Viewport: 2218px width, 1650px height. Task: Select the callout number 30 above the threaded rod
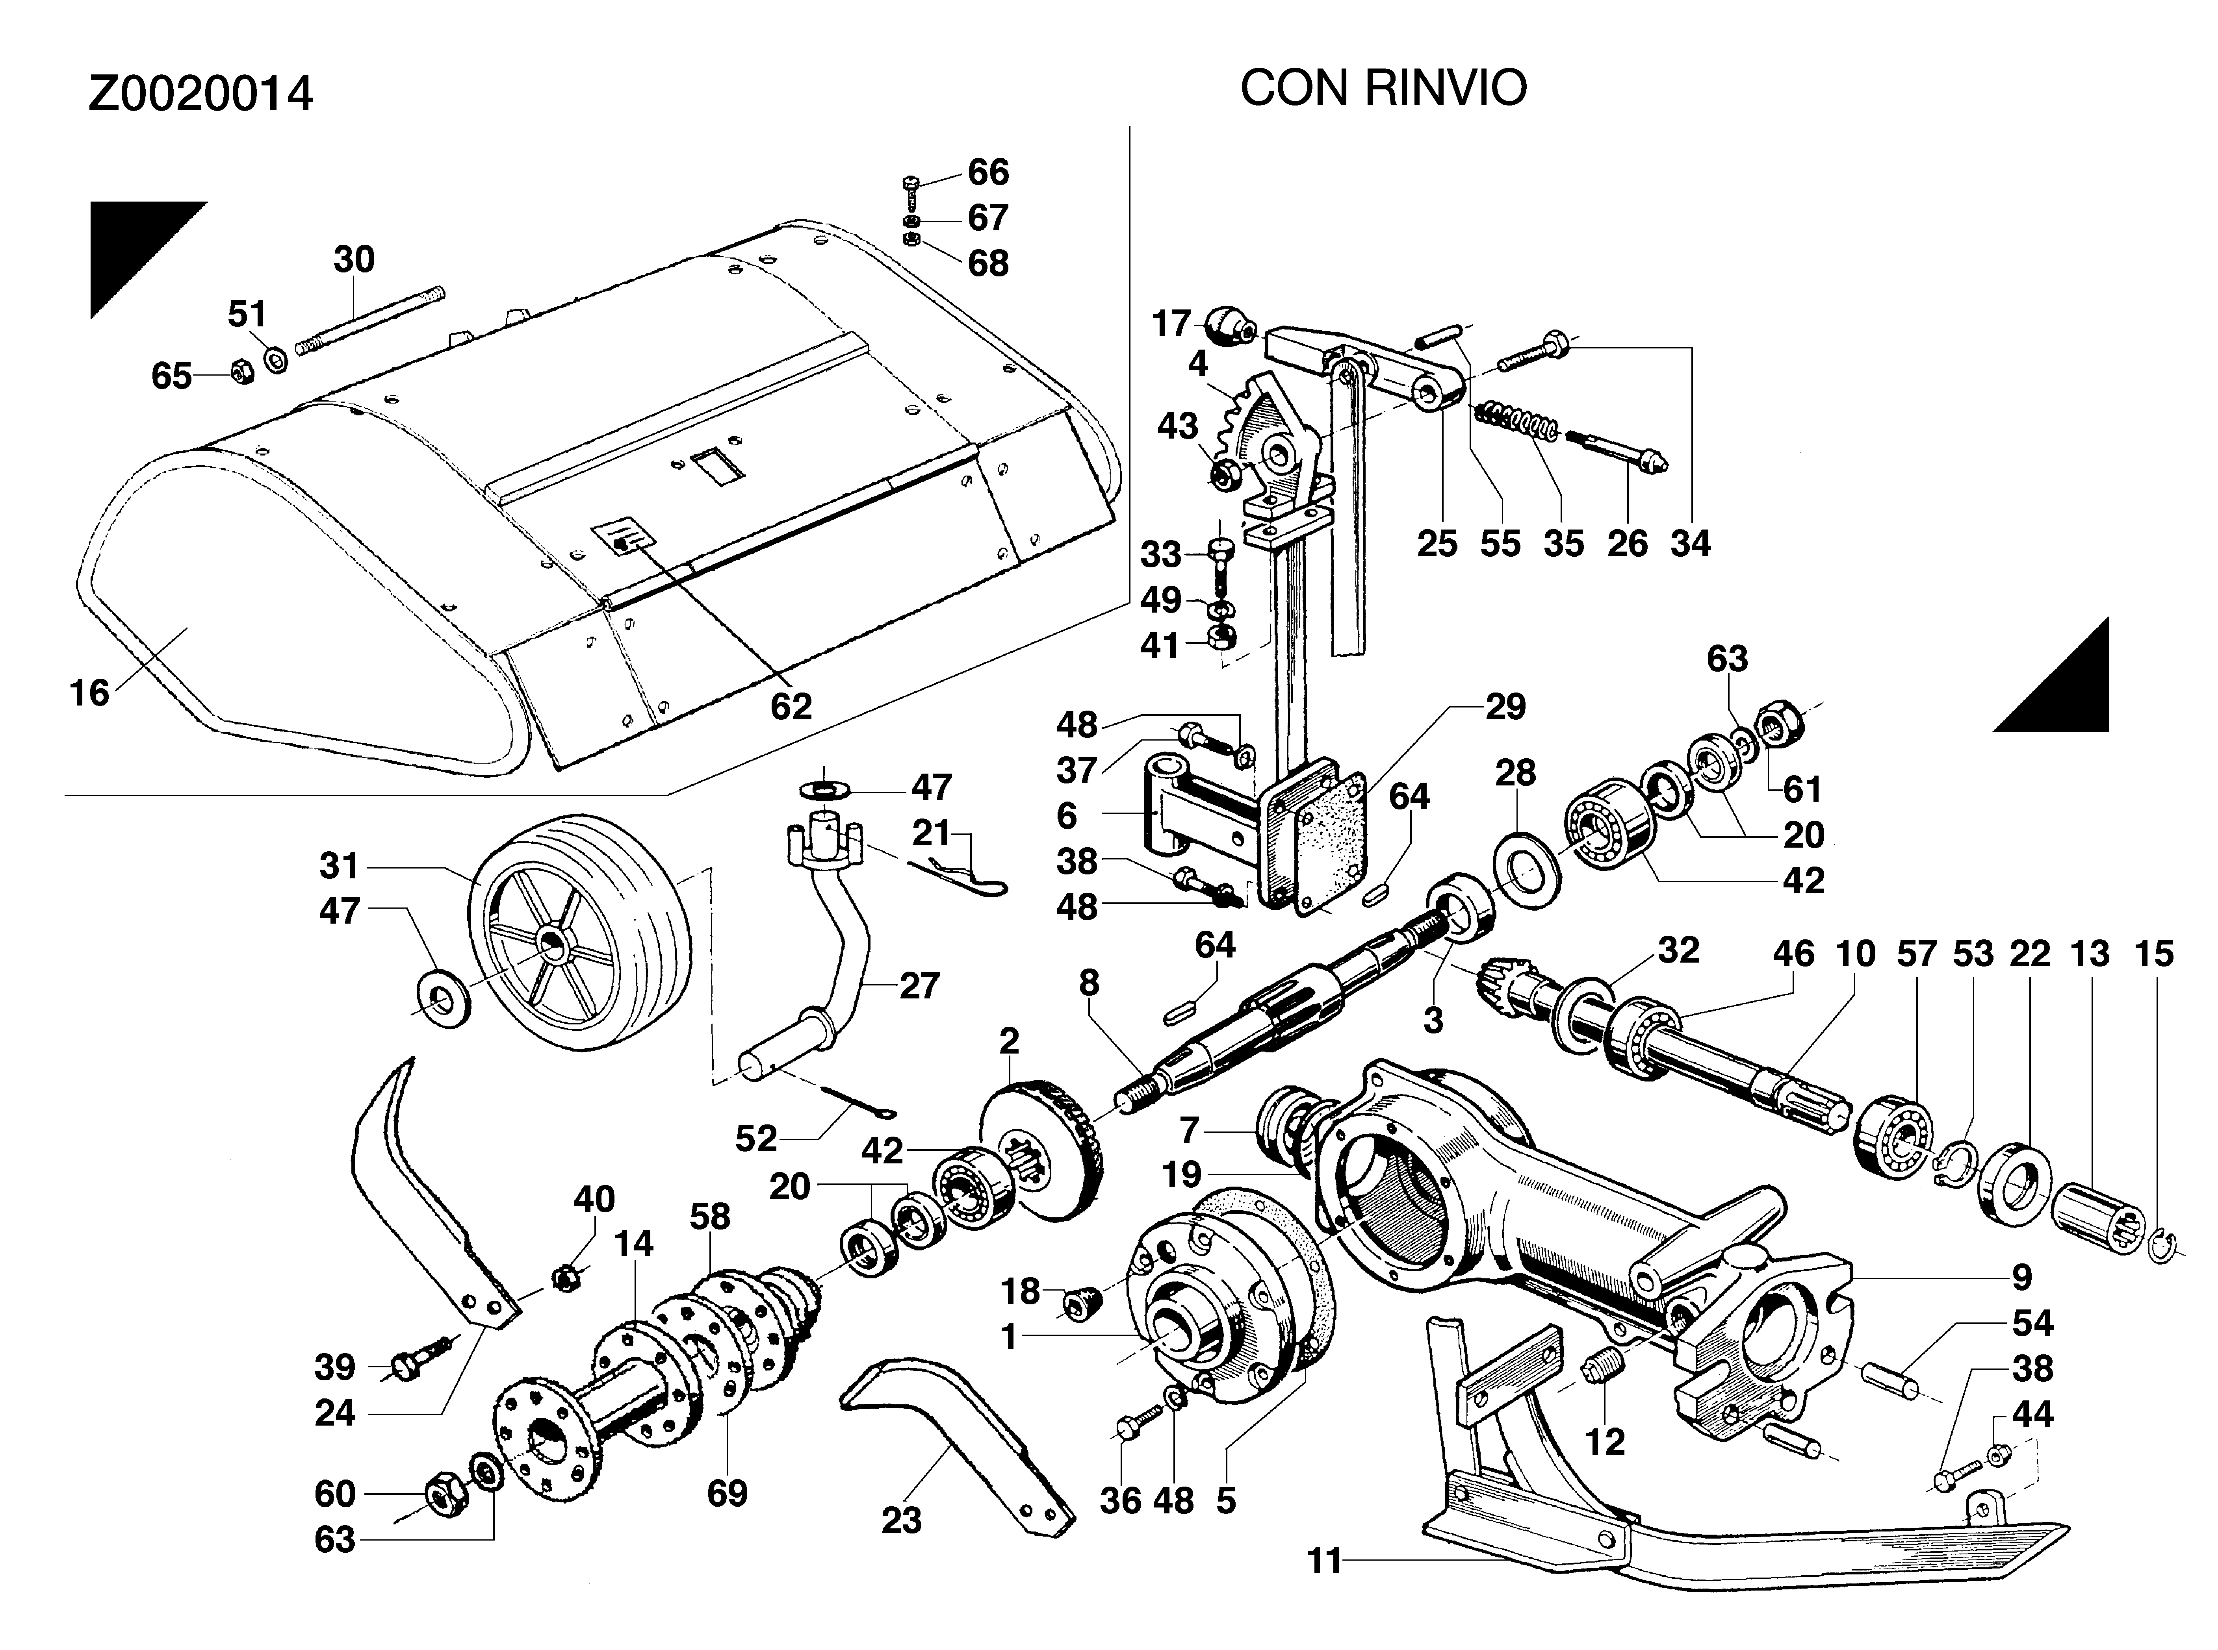pos(354,260)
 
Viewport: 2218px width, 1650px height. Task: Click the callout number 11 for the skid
pos(1325,1560)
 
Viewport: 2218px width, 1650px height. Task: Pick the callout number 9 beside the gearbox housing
pos(2021,1276)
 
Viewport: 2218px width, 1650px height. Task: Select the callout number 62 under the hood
pos(790,706)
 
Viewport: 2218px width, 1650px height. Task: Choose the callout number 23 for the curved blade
pos(901,1520)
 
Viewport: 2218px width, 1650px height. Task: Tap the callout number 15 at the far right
pos(2154,954)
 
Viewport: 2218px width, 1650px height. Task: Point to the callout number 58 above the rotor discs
pos(709,1217)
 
